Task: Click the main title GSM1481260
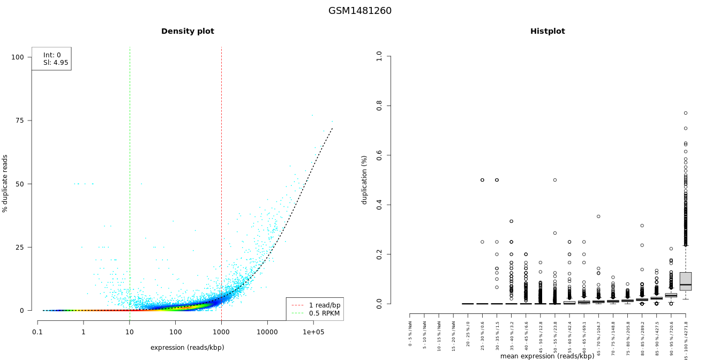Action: pyautogui.click(x=360, y=11)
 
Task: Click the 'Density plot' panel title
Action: pyautogui.click(x=187, y=32)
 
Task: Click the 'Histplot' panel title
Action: pyautogui.click(x=547, y=32)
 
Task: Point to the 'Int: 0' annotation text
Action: pyautogui.click(x=52, y=55)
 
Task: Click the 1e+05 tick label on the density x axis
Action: pyautogui.click(x=313, y=332)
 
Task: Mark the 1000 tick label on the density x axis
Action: pyautogui.click(x=221, y=332)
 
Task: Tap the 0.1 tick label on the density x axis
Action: pyautogui.click(x=37, y=332)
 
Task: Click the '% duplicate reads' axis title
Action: pyautogui.click(x=5, y=183)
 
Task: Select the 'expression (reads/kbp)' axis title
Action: pyautogui.click(x=187, y=348)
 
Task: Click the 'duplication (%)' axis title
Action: pyautogui.click(x=364, y=180)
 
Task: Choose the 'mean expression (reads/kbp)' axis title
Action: pyautogui.click(x=547, y=356)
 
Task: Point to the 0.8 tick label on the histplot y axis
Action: pyautogui.click(x=379, y=106)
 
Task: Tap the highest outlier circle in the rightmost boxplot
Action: pyautogui.click(x=685, y=113)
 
